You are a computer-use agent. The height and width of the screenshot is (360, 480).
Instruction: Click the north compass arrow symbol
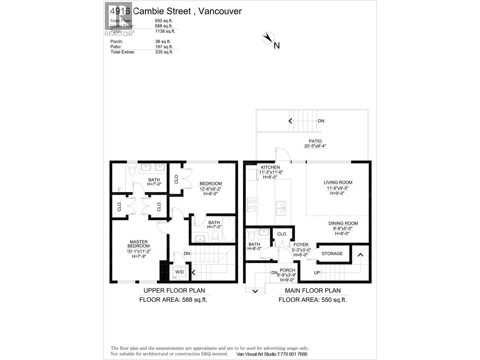pyautogui.click(x=268, y=38)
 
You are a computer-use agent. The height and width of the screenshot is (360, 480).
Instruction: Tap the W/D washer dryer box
pyautogui.click(x=179, y=272)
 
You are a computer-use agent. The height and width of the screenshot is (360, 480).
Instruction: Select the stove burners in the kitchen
pyautogui.click(x=252, y=205)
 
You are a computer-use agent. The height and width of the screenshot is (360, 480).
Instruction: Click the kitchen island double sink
pyautogui.click(x=281, y=208)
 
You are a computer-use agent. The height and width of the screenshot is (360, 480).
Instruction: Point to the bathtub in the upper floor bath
pyautogui.click(x=229, y=229)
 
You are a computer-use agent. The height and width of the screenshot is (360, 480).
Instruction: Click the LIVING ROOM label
pyautogui.click(x=338, y=182)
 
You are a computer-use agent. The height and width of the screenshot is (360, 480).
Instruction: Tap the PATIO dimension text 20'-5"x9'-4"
pyautogui.click(x=315, y=146)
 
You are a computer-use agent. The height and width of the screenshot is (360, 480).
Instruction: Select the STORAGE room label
pyautogui.click(x=332, y=254)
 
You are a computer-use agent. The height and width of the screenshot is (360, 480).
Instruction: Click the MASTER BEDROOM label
pyautogui.click(x=139, y=244)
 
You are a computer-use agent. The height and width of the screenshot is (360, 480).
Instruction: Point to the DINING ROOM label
pyautogui.click(x=343, y=223)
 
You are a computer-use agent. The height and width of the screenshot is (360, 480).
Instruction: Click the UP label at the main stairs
pyautogui.click(x=317, y=273)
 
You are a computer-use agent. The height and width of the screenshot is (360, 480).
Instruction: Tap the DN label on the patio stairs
pyautogui.click(x=321, y=121)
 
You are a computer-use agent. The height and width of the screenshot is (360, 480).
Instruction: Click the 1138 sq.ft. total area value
pyautogui.click(x=165, y=31)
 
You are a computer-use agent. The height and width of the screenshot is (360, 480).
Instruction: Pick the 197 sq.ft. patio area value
pyautogui.click(x=164, y=47)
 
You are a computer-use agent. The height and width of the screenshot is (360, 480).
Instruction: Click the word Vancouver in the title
pyautogui.click(x=220, y=11)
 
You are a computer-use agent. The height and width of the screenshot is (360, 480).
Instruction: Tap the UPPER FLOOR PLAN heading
pyautogui.click(x=174, y=290)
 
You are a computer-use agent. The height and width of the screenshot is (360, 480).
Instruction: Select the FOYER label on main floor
pyautogui.click(x=301, y=245)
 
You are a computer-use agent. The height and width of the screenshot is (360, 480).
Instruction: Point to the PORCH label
pyautogui.click(x=287, y=270)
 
